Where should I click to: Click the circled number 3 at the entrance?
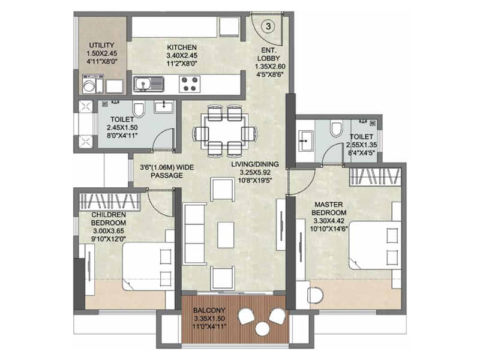(268, 26)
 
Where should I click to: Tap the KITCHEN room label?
(182, 47)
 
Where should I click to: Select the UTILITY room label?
(101, 45)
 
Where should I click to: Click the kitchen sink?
(148, 84)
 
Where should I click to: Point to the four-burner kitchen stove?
(189, 84)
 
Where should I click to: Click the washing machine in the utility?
(89, 84)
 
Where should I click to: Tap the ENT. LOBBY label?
(268, 54)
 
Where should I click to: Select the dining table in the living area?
(225, 131)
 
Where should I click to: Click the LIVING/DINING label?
(255, 164)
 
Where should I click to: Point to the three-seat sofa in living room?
(194, 233)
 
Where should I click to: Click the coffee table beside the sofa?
(226, 235)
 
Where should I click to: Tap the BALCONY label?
(209, 310)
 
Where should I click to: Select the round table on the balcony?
(262, 328)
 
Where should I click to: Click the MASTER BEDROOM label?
(329, 208)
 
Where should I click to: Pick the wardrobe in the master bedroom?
(376, 176)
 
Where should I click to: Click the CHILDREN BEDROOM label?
(109, 218)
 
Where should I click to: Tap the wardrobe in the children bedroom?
(110, 202)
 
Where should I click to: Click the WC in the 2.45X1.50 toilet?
(139, 110)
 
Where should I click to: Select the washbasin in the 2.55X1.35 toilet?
(305, 140)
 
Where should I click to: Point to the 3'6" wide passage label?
(167, 172)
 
